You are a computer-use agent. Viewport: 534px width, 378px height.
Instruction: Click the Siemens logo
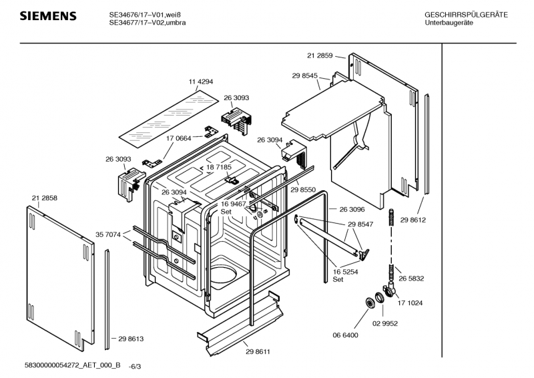(48, 16)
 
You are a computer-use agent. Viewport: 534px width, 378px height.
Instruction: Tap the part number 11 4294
(201, 81)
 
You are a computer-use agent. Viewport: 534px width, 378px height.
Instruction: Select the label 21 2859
(320, 55)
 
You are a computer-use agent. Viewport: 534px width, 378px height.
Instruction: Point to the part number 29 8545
(305, 75)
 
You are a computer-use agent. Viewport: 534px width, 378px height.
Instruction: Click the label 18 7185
(219, 167)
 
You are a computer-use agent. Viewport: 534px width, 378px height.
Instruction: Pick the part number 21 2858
(45, 198)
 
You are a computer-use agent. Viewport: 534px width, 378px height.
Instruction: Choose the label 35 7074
(108, 234)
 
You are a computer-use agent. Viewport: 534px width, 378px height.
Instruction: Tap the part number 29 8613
(131, 339)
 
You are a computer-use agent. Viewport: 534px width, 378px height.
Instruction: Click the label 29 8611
(258, 352)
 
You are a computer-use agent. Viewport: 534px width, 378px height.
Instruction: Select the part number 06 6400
(345, 335)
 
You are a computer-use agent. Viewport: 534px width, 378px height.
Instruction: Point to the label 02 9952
(385, 323)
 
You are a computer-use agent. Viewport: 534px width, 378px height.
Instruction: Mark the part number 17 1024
(410, 303)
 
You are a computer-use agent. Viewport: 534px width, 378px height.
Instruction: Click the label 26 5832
(411, 278)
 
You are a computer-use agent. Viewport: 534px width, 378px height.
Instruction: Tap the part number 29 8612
(413, 220)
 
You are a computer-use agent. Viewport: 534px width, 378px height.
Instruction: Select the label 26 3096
(352, 209)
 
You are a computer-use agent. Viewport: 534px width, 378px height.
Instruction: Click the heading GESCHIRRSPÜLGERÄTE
(466, 15)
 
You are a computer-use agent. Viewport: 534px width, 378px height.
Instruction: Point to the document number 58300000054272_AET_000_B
(73, 365)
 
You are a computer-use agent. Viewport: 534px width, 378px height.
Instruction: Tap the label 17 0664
(179, 138)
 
